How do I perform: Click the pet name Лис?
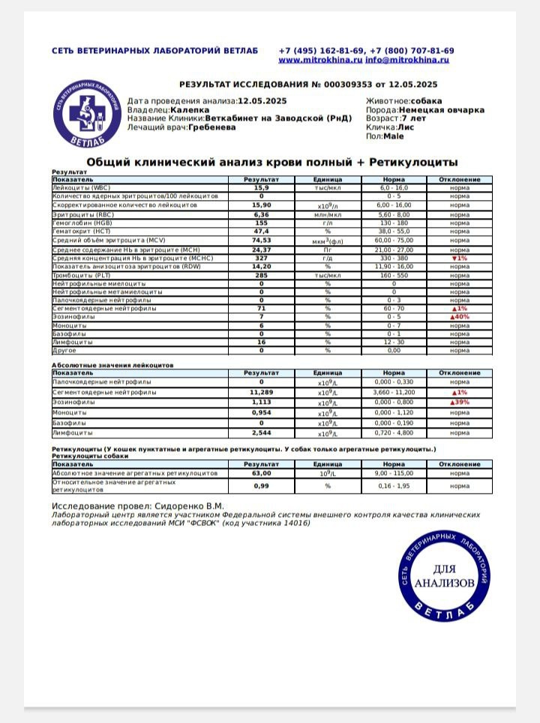pos(406,127)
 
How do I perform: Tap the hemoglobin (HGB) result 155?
pos(261,223)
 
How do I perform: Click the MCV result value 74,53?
pos(261,240)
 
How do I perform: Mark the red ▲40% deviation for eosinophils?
pos(459,317)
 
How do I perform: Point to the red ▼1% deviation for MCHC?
pos(459,258)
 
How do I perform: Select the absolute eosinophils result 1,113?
pos(261,402)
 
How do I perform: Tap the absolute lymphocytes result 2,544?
pos(261,433)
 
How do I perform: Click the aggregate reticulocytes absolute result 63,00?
pos(261,474)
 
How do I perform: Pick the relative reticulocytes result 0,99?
pos(261,486)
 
